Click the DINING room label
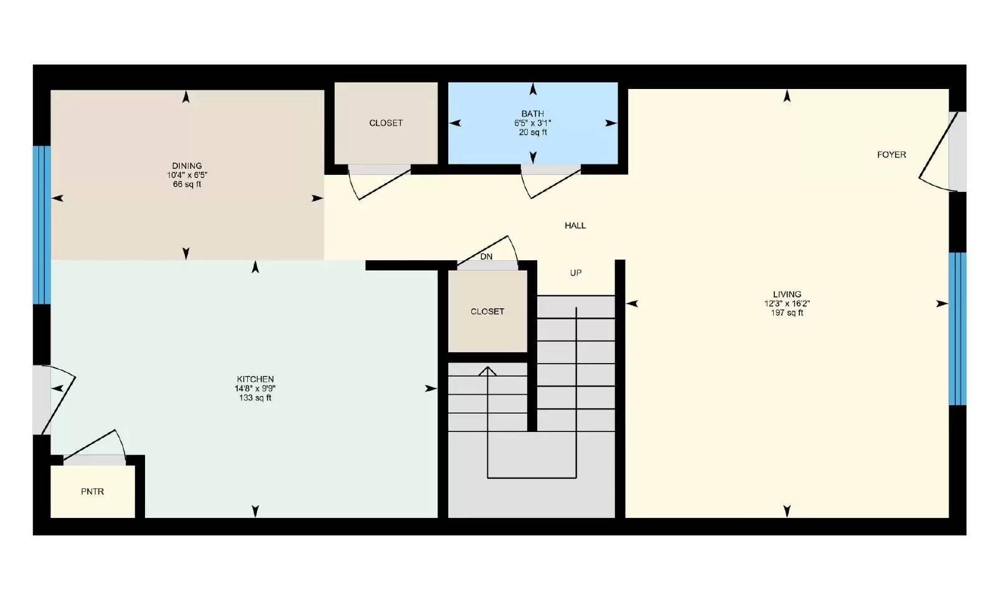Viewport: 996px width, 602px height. (187, 166)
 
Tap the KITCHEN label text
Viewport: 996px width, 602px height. (255, 379)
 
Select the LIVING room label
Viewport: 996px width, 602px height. (787, 294)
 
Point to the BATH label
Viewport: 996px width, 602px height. (533, 114)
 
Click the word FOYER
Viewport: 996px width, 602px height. (891, 155)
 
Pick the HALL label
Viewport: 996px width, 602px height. (575, 225)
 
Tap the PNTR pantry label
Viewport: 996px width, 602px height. (92, 492)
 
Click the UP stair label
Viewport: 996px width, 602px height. (576, 273)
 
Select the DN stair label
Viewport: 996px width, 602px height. (486, 256)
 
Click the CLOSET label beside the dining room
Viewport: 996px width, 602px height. (386, 123)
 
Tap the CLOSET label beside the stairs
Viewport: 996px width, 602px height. (487, 311)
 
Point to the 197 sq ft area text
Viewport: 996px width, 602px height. (787, 313)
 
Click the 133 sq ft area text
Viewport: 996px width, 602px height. (255, 398)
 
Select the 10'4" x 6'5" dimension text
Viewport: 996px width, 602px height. (187, 176)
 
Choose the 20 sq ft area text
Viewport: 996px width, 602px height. (533, 133)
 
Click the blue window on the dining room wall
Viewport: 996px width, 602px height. (42, 225)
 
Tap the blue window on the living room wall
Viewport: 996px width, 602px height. (957, 329)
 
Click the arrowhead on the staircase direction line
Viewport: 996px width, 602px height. (487, 371)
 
